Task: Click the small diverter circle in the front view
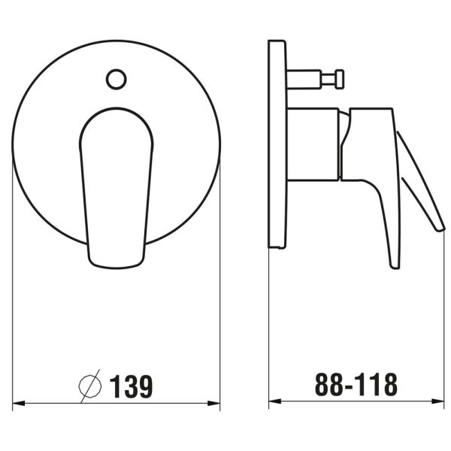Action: point(116,78)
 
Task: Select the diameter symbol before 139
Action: point(91,386)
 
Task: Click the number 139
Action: point(132,386)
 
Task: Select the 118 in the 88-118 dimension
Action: point(376,386)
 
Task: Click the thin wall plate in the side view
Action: point(277,143)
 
